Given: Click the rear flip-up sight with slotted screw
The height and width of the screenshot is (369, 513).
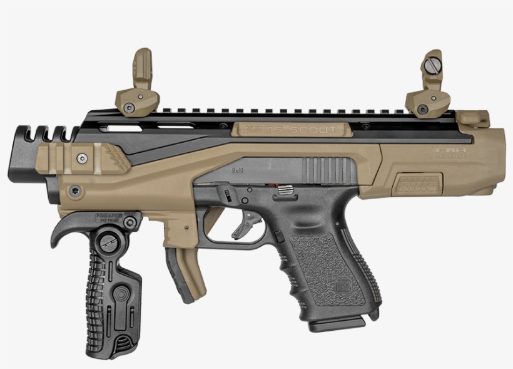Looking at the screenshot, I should tap(432, 81).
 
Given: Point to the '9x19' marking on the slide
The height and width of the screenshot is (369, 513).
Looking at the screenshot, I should tap(238, 169).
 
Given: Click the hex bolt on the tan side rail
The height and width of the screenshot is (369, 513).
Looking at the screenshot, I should tap(79, 157).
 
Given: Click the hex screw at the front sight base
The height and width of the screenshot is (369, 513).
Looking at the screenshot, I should tap(130, 108).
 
